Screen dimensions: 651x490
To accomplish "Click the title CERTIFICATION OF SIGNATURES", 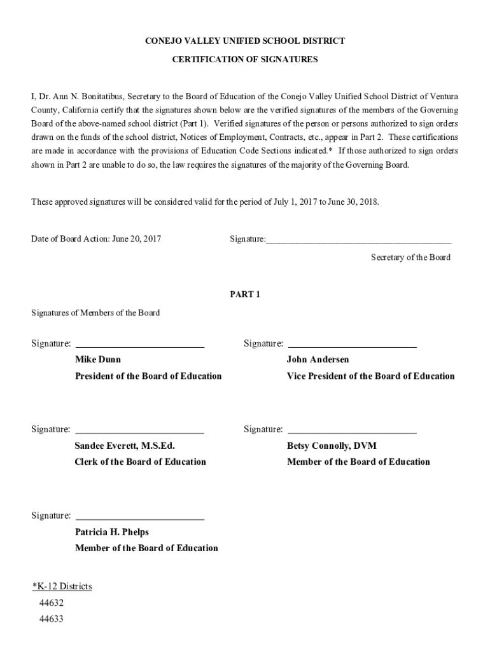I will (245, 59).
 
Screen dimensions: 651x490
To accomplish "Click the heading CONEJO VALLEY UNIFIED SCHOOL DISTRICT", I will (245, 41).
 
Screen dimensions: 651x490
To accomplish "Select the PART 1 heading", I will (245, 294).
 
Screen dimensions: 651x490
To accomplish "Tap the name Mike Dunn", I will (98, 359).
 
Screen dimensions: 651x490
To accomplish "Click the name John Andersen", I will (318, 359).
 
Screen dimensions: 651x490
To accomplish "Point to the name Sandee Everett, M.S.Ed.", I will (125, 446).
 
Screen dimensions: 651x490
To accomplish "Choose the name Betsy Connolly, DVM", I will (332, 446).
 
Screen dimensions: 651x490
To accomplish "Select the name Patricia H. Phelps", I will (112, 531).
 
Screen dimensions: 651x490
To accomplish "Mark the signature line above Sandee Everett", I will (140, 433).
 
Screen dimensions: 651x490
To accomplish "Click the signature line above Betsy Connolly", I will (353, 433).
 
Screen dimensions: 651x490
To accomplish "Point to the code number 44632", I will (51, 603).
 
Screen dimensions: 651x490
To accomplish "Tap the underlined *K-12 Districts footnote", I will (62, 586).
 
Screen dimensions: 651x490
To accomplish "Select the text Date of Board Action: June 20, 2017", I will (96, 239).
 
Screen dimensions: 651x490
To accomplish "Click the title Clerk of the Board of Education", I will (140, 462).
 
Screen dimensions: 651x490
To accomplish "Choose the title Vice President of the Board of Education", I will (370, 376).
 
